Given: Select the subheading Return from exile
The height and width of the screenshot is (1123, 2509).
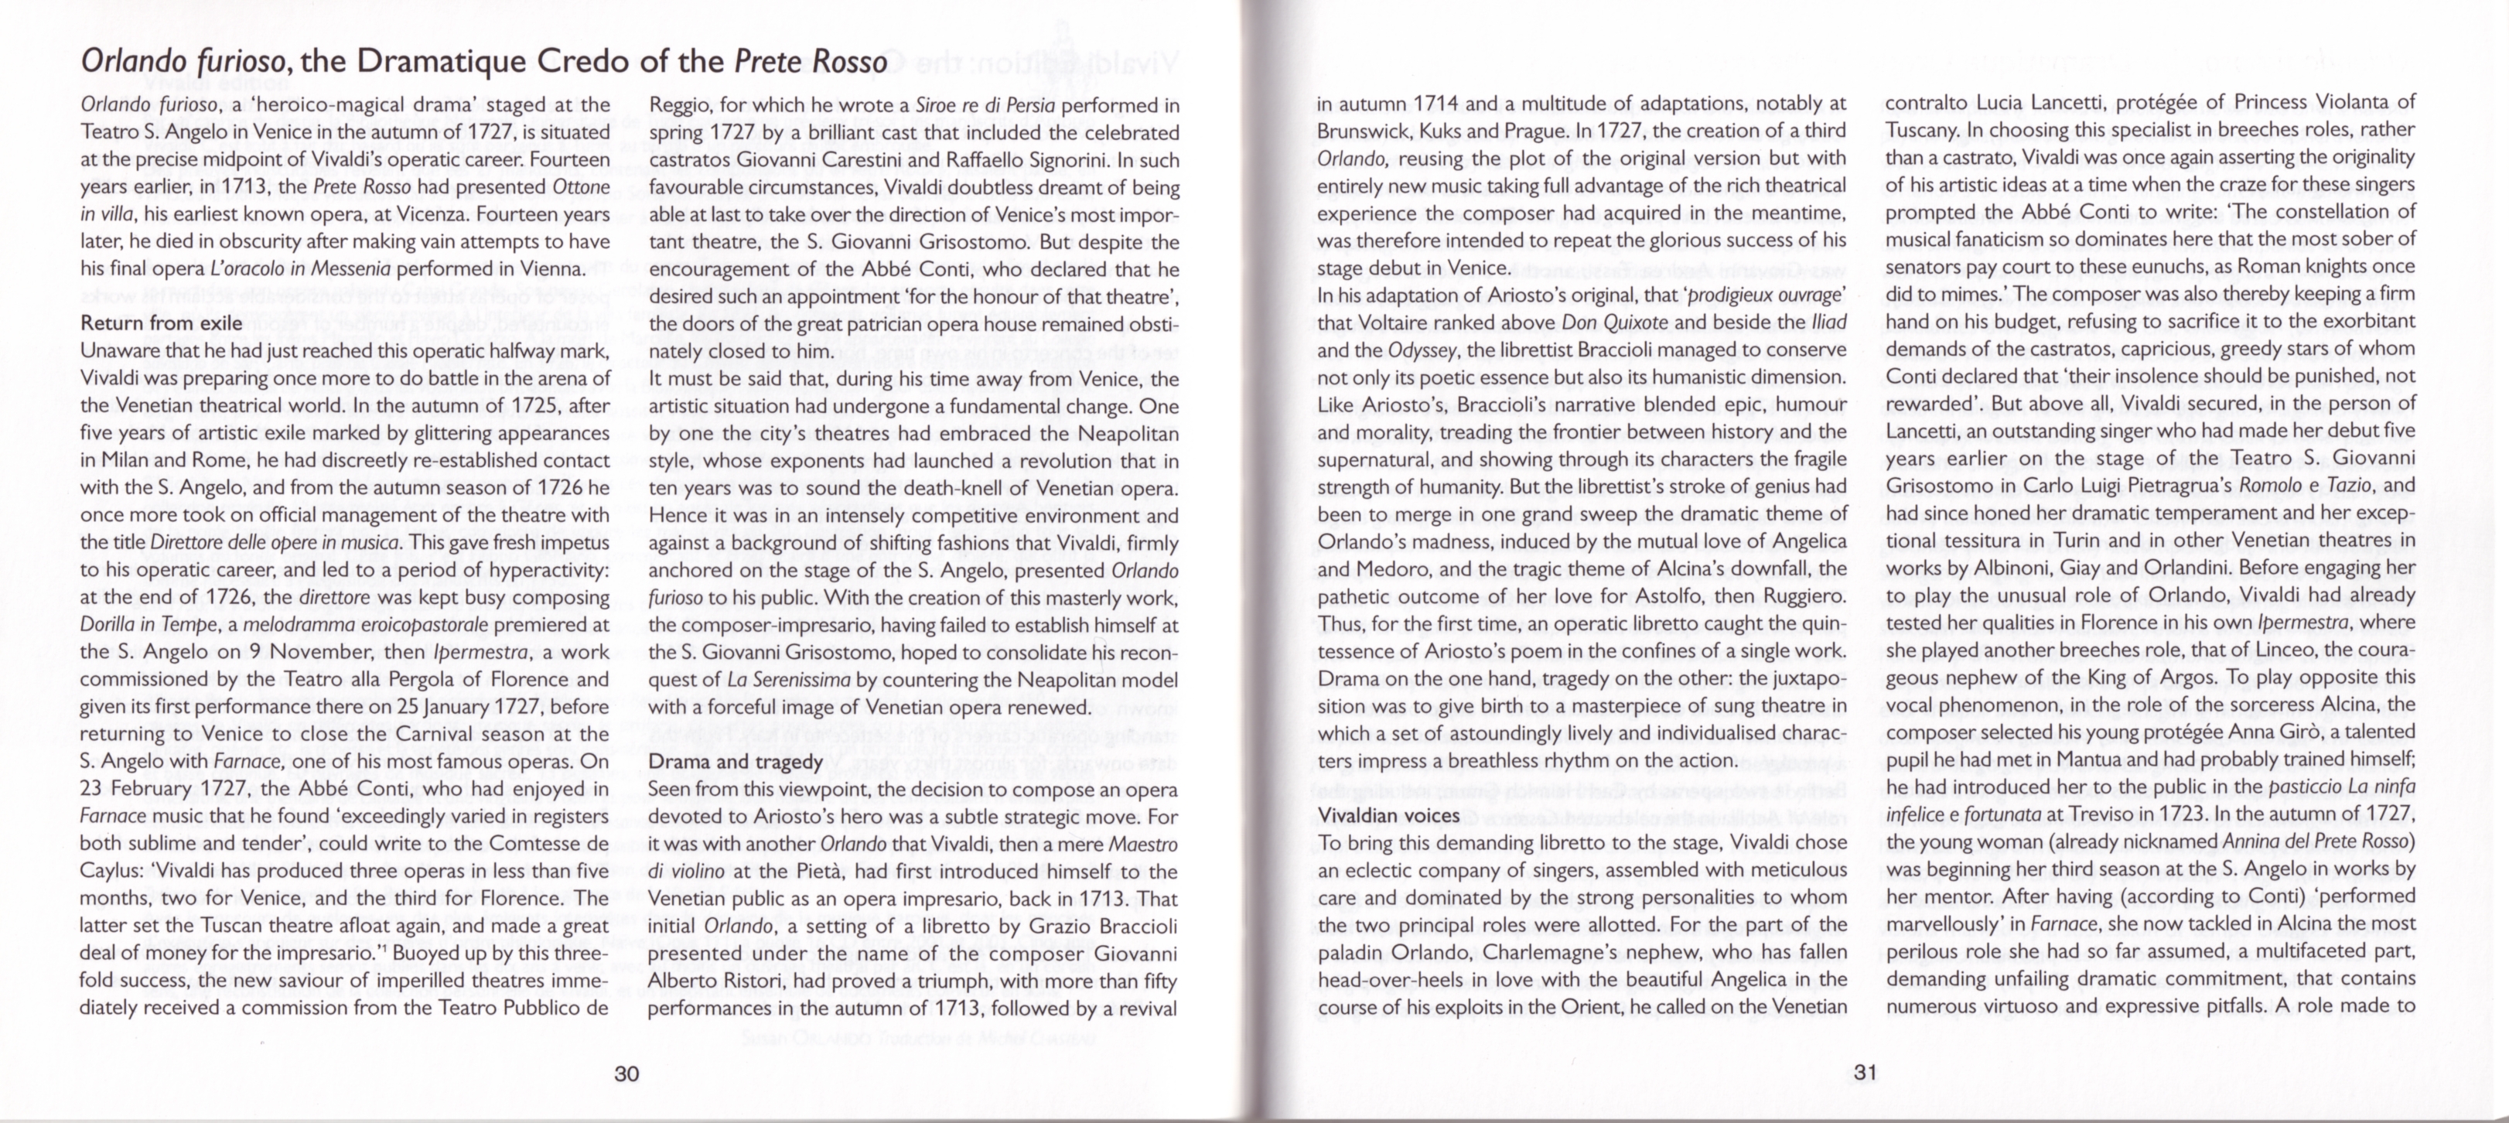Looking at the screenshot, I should tap(162, 323).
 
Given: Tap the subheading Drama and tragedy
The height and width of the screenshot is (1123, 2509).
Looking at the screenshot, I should tap(736, 762).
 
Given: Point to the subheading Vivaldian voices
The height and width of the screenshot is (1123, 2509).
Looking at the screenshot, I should tap(1388, 815).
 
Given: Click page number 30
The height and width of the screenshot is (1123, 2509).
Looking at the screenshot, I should tap(626, 1074).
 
